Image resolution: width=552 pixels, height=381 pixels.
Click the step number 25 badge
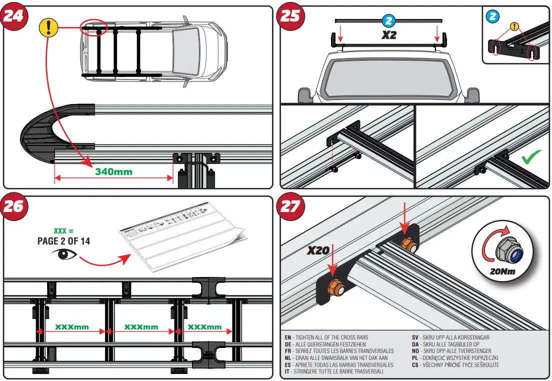[x=290, y=15]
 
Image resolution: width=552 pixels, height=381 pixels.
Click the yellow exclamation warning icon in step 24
[x=48, y=27]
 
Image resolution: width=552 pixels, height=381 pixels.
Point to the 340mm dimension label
[x=113, y=171]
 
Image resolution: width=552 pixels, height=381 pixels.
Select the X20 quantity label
[x=318, y=250]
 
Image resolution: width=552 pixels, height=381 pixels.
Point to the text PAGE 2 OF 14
[x=63, y=240]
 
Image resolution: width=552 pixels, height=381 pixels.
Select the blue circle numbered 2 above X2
[x=388, y=20]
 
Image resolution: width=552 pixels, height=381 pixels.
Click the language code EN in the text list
[x=288, y=337]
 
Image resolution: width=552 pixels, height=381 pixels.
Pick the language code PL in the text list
[x=414, y=358]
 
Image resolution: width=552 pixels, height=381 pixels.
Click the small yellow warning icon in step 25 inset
[x=514, y=27]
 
